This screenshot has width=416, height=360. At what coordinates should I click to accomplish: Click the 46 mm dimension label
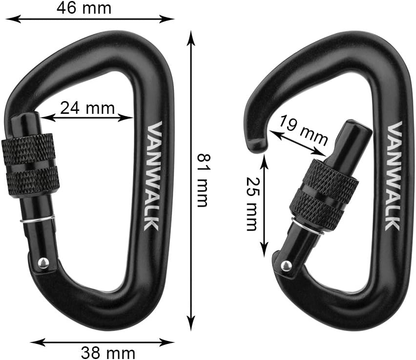click(x=90, y=8)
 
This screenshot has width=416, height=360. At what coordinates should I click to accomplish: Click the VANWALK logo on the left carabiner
click(x=156, y=176)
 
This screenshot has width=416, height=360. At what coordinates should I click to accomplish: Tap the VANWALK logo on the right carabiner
click(x=394, y=175)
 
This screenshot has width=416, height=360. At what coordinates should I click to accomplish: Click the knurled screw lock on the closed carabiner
click(x=30, y=165)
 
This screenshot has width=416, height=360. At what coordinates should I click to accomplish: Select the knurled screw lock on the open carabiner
click(x=324, y=193)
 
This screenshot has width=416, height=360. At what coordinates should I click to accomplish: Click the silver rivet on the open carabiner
click(x=286, y=265)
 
